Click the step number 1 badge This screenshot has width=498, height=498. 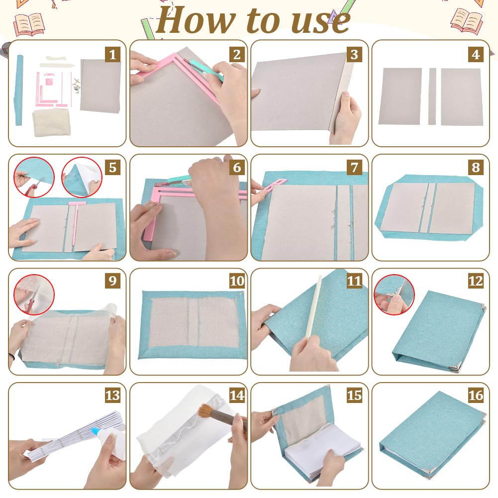(x=113, y=55)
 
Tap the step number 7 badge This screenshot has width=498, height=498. (x=354, y=167)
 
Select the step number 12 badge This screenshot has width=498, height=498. (x=476, y=281)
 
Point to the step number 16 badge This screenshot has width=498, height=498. (x=476, y=396)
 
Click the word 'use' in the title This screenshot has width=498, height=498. (x=320, y=22)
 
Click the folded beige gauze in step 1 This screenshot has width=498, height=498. (x=51, y=122)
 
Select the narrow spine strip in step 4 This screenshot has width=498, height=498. (x=432, y=96)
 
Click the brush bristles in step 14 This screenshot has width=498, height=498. (x=207, y=411)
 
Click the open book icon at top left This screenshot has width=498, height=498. (x=29, y=24)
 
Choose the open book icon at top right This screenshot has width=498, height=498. (x=466, y=20)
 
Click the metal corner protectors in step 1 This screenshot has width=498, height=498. (x=76, y=86)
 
